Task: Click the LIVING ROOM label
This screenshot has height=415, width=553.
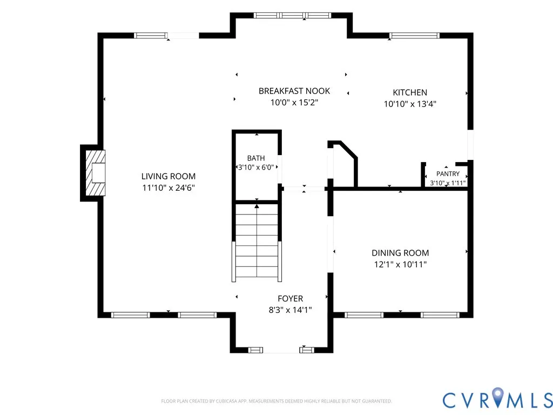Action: [168, 176]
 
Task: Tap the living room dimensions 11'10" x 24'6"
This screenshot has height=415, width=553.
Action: [168, 188]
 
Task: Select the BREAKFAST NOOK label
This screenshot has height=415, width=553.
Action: [294, 91]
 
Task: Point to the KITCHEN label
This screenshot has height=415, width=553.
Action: [410, 92]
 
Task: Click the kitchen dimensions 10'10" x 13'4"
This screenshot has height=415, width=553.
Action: [410, 104]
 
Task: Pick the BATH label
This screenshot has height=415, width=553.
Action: [255, 158]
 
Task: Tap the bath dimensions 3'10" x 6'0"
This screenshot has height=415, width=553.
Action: [255, 168]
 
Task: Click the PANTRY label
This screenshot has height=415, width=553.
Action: [448, 173]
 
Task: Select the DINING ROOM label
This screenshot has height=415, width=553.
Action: [400, 253]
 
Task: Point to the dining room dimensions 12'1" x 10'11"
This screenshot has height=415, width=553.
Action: [400, 264]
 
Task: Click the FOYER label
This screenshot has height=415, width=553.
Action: [290, 298]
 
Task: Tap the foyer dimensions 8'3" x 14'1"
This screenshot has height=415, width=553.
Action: [290, 310]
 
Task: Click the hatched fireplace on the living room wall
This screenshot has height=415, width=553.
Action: [96, 173]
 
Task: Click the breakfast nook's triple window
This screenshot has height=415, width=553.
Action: [292, 16]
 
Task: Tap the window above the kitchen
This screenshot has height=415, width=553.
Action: [414, 35]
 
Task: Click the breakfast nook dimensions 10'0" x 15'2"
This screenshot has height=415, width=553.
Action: [294, 102]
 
